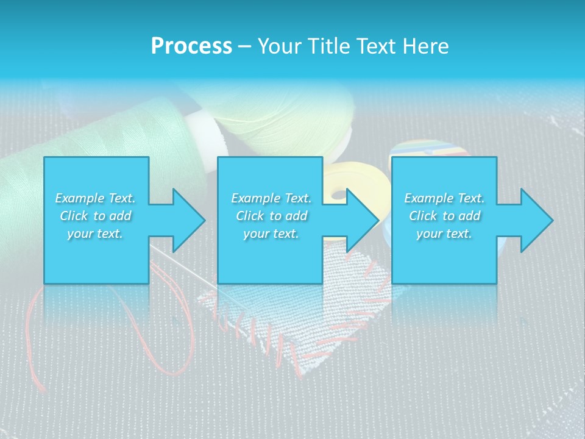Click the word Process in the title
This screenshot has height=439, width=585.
point(191,46)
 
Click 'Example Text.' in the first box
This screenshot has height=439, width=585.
point(96,198)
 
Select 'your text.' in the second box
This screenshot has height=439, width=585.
point(271,234)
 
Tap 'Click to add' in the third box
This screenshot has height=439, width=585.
point(444,216)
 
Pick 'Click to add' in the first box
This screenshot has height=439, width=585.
point(96,216)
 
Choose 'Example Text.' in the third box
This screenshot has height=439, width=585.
point(444,198)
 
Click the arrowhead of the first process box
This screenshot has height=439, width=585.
point(186,220)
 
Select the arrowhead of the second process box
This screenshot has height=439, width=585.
point(361,220)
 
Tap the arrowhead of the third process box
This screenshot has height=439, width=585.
point(535,220)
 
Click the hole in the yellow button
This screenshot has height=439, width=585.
point(337,195)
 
